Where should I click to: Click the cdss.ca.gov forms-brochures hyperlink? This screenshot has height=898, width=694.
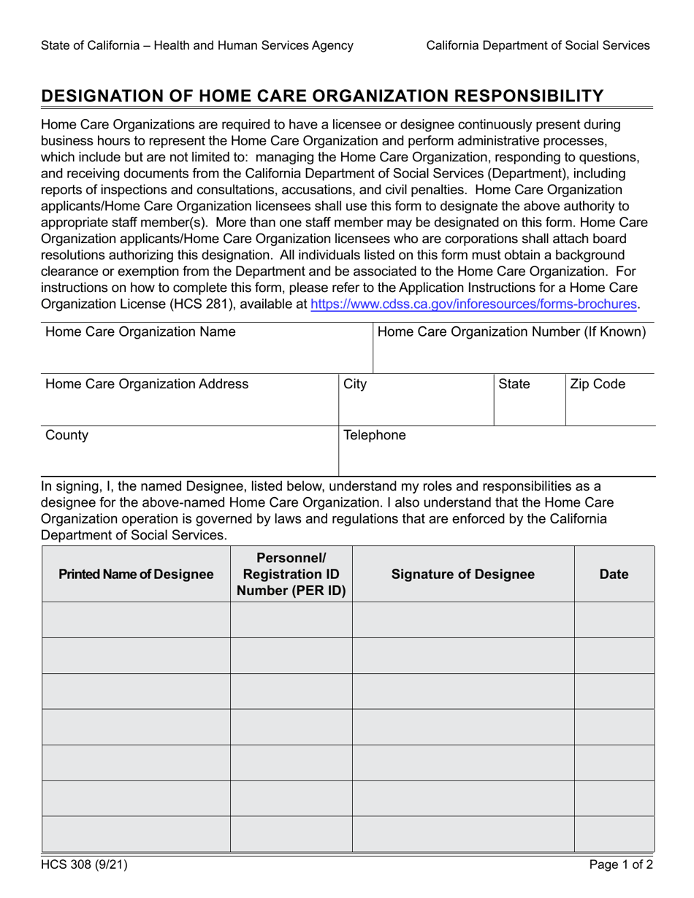pyautogui.click(x=474, y=304)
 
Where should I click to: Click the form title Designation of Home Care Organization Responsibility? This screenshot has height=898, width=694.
pyautogui.click(x=322, y=96)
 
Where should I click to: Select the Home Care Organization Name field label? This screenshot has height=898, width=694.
pyautogui.click(x=140, y=332)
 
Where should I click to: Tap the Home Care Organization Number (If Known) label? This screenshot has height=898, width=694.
pyautogui.click(x=511, y=332)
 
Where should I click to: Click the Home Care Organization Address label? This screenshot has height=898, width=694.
pyautogui.click(x=147, y=384)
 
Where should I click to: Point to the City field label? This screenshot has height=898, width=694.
pyautogui.click(x=355, y=384)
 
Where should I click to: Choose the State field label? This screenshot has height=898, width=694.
pyautogui.click(x=514, y=384)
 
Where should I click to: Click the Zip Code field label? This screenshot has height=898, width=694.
pyautogui.click(x=598, y=384)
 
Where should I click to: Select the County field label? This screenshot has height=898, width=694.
pyautogui.click(x=66, y=436)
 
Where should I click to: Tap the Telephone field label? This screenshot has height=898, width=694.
pyautogui.click(x=375, y=436)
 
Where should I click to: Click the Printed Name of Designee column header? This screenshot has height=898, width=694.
pyautogui.click(x=136, y=575)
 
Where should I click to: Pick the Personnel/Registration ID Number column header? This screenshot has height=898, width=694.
pyautogui.click(x=291, y=575)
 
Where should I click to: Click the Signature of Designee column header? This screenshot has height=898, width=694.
pyautogui.click(x=463, y=575)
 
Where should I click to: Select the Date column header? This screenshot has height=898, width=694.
pyautogui.click(x=614, y=575)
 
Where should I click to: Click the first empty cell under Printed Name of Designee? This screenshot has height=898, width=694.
pyautogui.click(x=136, y=620)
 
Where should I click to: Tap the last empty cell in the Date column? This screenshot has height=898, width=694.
pyautogui.click(x=614, y=834)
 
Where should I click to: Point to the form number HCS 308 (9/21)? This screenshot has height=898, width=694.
pyautogui.click(x=85, y=866)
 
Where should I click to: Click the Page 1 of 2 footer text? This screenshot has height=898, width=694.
pyautogui.click(x=621, y=866)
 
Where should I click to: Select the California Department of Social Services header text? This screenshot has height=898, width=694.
pyautogui.click(x=538, y=45)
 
